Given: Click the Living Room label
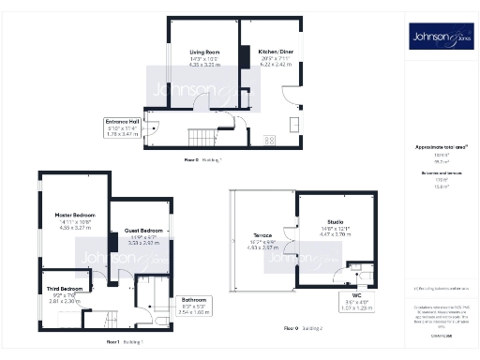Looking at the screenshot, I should coord(204,52).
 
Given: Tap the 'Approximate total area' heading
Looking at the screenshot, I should coord(441,147).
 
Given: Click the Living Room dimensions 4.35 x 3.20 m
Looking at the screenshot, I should coord(204,67).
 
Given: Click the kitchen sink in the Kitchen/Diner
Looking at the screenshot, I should coord(294,123).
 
